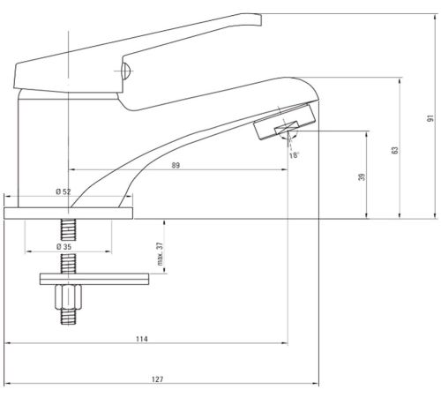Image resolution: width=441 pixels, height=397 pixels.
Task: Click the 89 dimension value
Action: (176, 165)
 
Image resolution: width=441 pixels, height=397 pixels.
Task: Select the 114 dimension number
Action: (142, 339)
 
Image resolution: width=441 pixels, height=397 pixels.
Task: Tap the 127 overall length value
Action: (157, 379)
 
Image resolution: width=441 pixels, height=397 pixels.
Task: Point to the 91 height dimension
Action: (430, 118)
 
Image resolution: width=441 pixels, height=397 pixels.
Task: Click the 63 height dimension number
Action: (395, 150)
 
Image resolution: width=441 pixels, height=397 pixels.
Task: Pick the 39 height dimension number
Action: (362, 176)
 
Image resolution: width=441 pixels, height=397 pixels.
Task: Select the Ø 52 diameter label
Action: (64, 191)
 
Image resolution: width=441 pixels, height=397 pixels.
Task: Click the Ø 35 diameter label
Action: (64, 246)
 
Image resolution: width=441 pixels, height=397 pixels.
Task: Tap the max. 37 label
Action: (160, 254)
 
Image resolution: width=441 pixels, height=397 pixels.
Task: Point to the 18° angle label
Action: (294, 155)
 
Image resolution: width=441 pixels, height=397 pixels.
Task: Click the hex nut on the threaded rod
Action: (68, 297)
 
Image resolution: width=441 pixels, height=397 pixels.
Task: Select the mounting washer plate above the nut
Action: (94, 279)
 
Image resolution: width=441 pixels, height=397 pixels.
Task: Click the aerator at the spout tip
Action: (284, 121)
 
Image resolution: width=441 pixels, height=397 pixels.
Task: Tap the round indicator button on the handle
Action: (126, 71)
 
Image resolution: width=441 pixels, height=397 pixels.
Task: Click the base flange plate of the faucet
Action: (68, 213)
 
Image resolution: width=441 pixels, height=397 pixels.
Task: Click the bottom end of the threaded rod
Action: (68, 324)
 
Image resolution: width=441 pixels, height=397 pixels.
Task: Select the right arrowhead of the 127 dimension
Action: (316, 384)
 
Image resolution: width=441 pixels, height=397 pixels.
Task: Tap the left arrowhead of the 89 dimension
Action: (71, 169)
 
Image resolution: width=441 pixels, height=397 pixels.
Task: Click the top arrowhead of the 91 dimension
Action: (435, 17)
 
